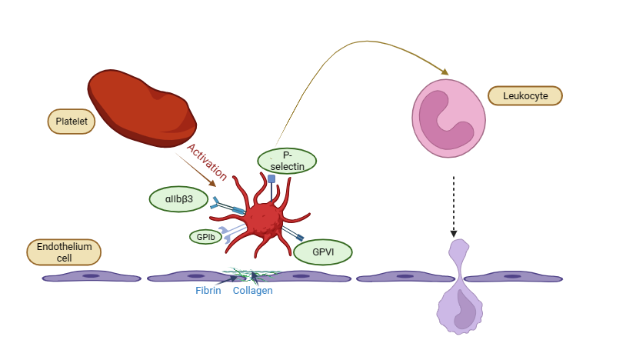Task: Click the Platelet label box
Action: pyautogui.click(x=71, y=121)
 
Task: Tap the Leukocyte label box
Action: pyautogui.click(x=525, y=96)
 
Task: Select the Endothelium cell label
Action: pyautogui.click(x=64, y=252)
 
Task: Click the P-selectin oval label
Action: pyautogui.click(x=287, y=161)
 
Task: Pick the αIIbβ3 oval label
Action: pyautogui.click(x=178, y=198)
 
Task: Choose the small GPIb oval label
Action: pyautogui.click(x=205, y=237)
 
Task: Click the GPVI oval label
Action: pyautogui.click(x=323, y=252)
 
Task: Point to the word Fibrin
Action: pyautogui.click(x=209, y=291)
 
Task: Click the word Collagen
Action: pyautogui.click(x=253, y=291)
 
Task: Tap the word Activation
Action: pyautogui.click(x=207, y=160)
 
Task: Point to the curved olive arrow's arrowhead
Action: pyautogui.click(x=445, y=72)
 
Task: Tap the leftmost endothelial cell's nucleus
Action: pyautogui.click(x=91, y=275)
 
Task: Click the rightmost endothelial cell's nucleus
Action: pyautogui.click(x=510, y=275)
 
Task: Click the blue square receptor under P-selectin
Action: pyautogui.click(x=271, y=178)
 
